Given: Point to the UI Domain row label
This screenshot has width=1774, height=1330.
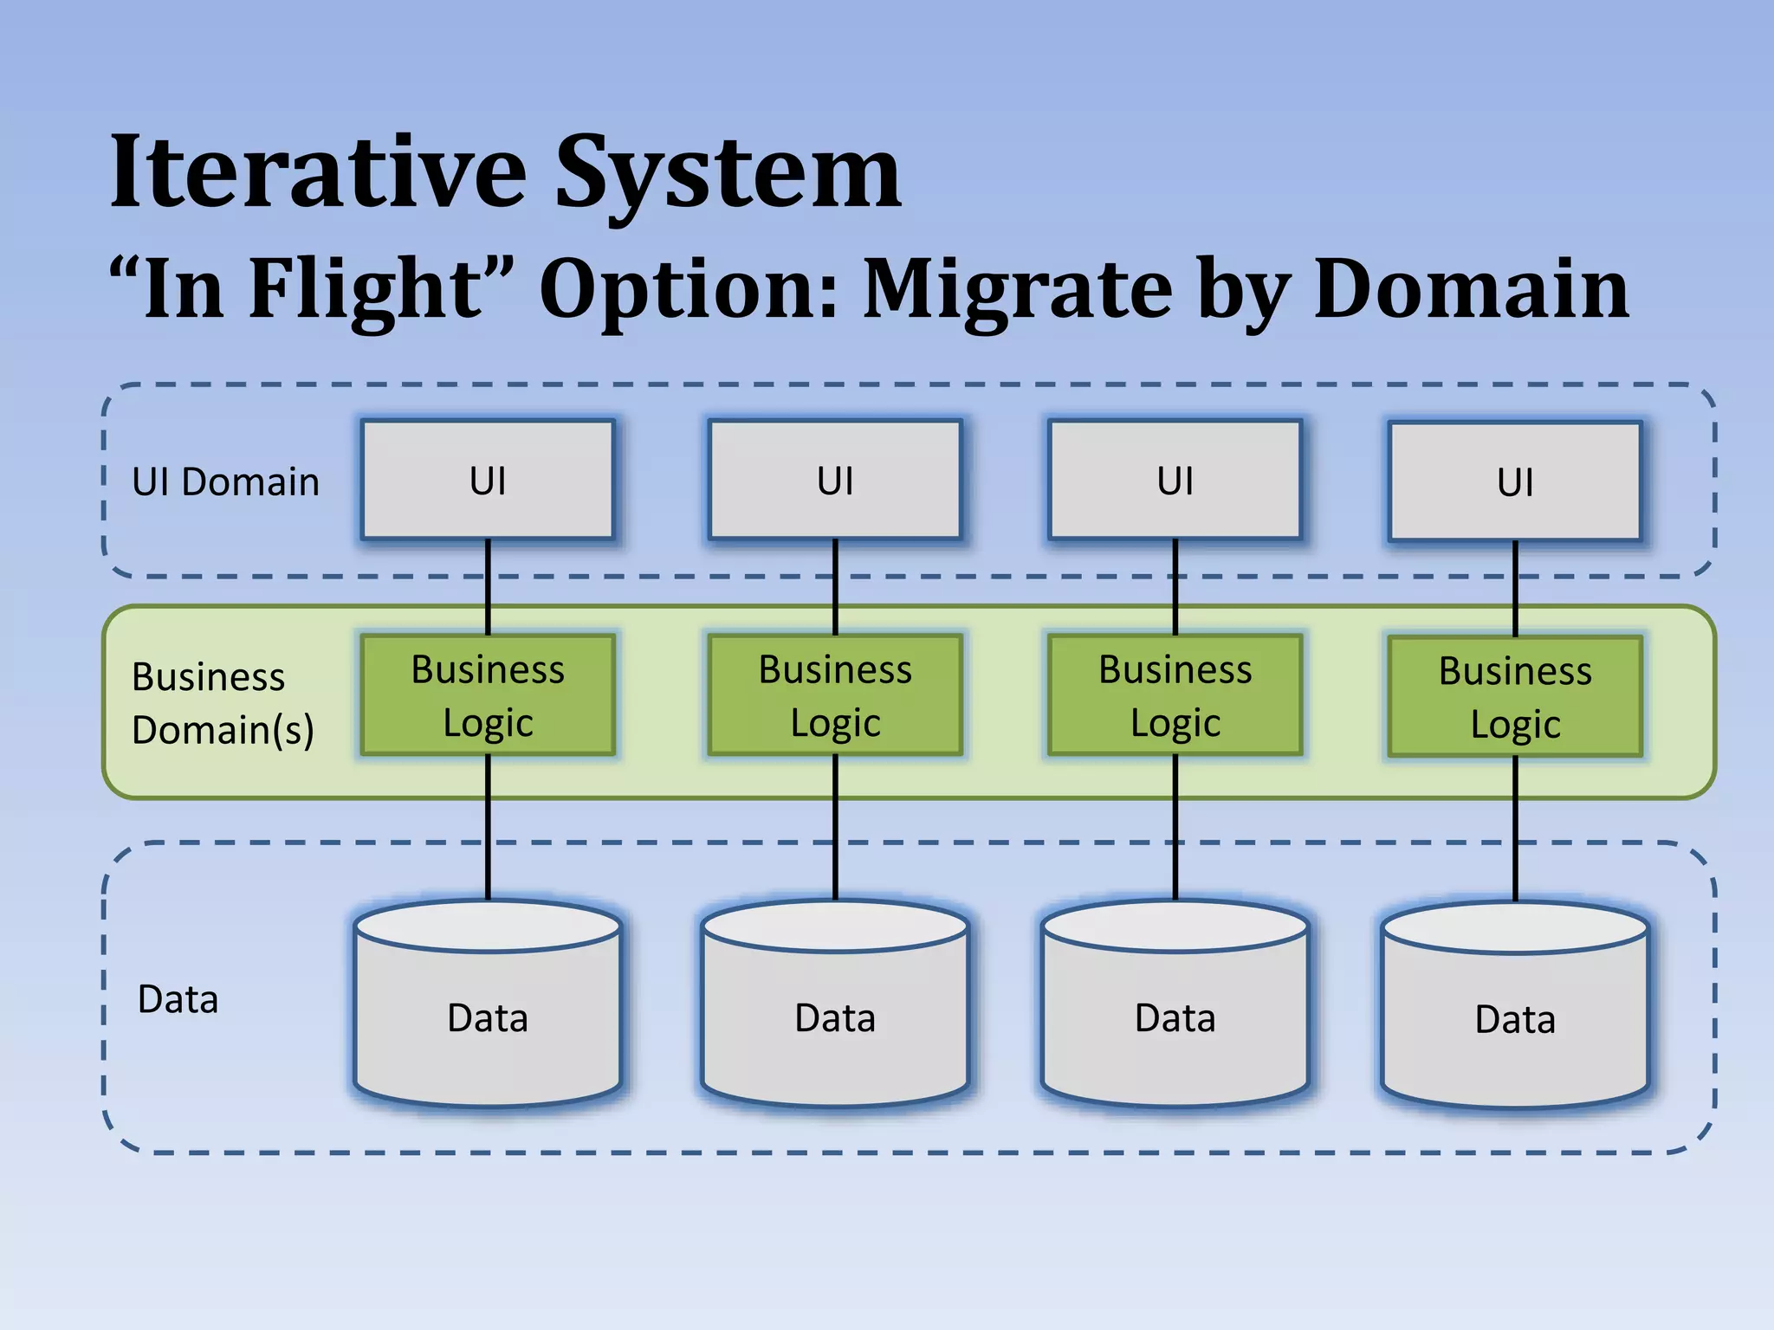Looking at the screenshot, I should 225,482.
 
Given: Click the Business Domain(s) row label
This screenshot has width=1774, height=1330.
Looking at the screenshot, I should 222,702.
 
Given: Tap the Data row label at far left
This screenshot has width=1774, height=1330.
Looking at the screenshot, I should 178,999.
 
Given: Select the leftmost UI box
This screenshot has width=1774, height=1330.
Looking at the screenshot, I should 488,481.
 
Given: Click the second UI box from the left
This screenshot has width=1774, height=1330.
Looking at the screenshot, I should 835,481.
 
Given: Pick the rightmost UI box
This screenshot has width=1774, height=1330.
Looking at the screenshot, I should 1515,482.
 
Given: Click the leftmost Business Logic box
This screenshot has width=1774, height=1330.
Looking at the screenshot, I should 488,695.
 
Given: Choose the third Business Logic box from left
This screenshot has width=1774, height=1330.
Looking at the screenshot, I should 1175,695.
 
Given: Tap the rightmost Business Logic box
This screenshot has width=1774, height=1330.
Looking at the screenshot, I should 1515,697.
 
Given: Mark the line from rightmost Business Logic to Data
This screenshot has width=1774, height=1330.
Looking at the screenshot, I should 1515,827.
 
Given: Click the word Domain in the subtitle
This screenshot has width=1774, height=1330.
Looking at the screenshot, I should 1471,289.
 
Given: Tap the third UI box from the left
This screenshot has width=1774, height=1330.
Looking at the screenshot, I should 1175,481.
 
